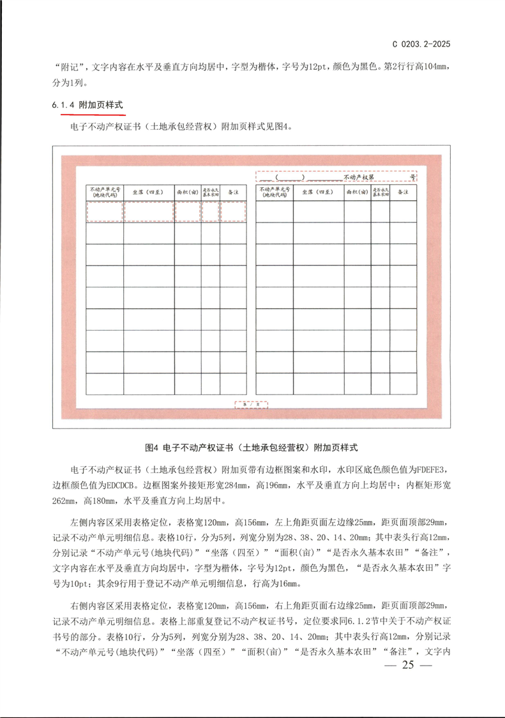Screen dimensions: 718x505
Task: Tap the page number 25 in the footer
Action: [x=409, y=666]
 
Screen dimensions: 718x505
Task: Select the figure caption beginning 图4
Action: [x=252, y=446]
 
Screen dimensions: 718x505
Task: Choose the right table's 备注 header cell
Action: [x=404, y=192]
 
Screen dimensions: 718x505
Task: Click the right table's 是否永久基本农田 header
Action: [x=381, y=192]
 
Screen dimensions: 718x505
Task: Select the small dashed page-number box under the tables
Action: [x=251, y=405]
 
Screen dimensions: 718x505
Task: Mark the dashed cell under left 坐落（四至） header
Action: [x=148, y=211]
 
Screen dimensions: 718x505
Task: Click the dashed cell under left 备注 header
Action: [x=234, y=211]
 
